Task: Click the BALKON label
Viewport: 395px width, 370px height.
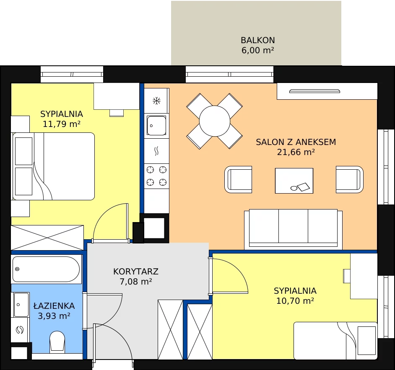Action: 258,40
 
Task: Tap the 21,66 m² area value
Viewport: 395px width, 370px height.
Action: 296,152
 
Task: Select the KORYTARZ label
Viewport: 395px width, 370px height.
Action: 136,272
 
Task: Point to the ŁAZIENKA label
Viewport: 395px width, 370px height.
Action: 54,305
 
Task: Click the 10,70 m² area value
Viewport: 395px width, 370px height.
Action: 295,301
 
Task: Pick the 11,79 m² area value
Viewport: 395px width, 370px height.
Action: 62,124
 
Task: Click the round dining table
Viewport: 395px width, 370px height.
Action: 215,121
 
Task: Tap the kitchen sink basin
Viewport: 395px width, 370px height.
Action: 156,125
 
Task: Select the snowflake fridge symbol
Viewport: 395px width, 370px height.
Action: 156,101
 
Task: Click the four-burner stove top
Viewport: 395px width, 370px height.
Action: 156,176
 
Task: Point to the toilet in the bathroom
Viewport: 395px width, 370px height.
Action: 57,341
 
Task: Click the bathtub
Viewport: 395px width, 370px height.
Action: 46,269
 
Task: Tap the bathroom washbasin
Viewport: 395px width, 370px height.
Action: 21,305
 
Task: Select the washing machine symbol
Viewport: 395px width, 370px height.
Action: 20,329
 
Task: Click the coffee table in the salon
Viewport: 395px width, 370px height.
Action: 294,181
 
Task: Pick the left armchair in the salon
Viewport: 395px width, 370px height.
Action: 238,179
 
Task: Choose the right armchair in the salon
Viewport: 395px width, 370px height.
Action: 350,179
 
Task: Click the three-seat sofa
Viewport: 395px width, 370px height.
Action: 293,228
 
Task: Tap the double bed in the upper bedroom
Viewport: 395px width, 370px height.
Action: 53,166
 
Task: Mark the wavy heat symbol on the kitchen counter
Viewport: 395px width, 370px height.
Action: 156,151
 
